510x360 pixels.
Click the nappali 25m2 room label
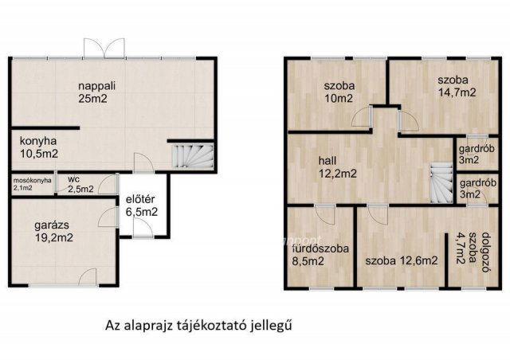coord(93,92)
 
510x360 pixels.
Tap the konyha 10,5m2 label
coord(39,146)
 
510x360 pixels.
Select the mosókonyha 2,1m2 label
coord(32,184)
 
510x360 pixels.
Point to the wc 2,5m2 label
coord(80,185)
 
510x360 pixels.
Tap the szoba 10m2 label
coord(339,92)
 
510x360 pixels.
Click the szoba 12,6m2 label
coord(402,260)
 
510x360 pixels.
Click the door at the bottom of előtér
coord(143,229)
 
